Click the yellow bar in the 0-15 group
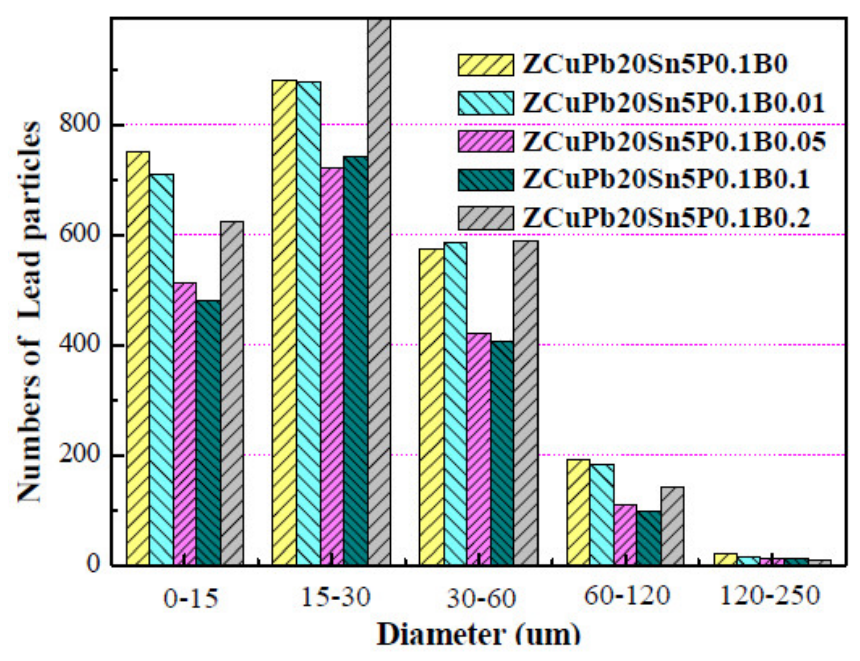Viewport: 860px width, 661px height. coord(138,358)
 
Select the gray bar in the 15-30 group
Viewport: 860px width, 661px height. coord(379,291)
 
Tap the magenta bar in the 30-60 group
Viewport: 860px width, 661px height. coord(479,449)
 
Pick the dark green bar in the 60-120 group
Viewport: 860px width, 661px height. coord(649,537)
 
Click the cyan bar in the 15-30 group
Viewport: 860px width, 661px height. coord(308,323)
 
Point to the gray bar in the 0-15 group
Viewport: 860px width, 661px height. coord(232,393)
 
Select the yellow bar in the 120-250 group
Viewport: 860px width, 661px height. coord(725,559)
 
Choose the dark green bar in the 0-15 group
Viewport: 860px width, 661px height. coord(208,432)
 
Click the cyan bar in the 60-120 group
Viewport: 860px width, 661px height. coord(602,514)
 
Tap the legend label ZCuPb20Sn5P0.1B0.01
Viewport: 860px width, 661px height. coord(674,103)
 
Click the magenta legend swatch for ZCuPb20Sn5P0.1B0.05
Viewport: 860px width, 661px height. coord(485,141)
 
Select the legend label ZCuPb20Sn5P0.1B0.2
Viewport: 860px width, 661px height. coord(666,218)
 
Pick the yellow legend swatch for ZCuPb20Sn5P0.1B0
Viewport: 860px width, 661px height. coord(485,65)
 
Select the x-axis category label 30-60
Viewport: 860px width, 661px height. coord(481,598)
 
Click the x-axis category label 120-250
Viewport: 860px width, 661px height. coord(769,596)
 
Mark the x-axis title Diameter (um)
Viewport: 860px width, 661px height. coord(478,635)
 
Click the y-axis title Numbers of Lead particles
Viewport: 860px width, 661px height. coord(29,311)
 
